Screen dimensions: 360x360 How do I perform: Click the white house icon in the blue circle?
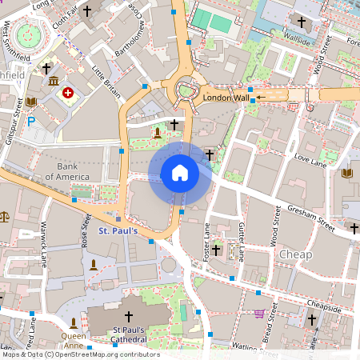pos(180,172)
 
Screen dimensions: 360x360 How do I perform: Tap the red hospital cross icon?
pos(68,94)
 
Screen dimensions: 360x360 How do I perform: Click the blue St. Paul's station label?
pos(118,231)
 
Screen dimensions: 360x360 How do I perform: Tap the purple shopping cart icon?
pos(258,314)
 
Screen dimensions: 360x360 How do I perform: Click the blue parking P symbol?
pos(31,122)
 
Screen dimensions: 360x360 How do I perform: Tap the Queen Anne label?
pos(74,340)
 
